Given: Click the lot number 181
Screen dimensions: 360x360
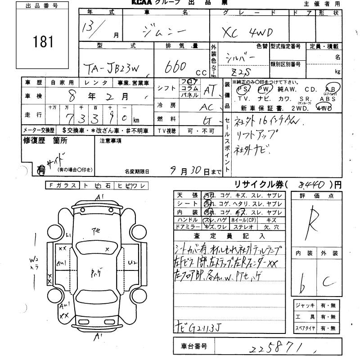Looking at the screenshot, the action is tap(43, 41).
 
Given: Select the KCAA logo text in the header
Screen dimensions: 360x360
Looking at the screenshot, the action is tap(143, 3).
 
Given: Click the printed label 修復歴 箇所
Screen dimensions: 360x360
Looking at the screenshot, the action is tap(45, 140).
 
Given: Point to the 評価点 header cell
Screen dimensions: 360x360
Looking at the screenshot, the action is tap(316, 196).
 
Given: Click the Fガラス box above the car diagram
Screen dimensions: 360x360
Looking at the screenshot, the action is tap(63, 185).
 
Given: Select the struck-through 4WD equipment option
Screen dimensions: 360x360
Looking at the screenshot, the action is tap(324, 108).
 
